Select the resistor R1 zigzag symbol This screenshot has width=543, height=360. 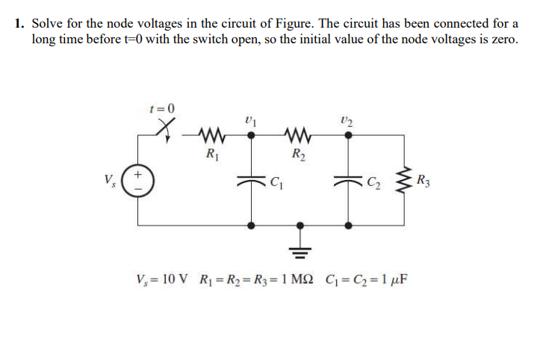(x=211, y=136)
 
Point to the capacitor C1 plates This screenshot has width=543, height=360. (x=250, y=180)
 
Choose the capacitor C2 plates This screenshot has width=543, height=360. (x=347, y=180)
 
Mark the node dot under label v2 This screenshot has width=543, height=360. (x=347, y=136)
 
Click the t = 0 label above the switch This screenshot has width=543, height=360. (x=163, y=108)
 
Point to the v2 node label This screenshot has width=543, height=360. (x=345, y=118)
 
